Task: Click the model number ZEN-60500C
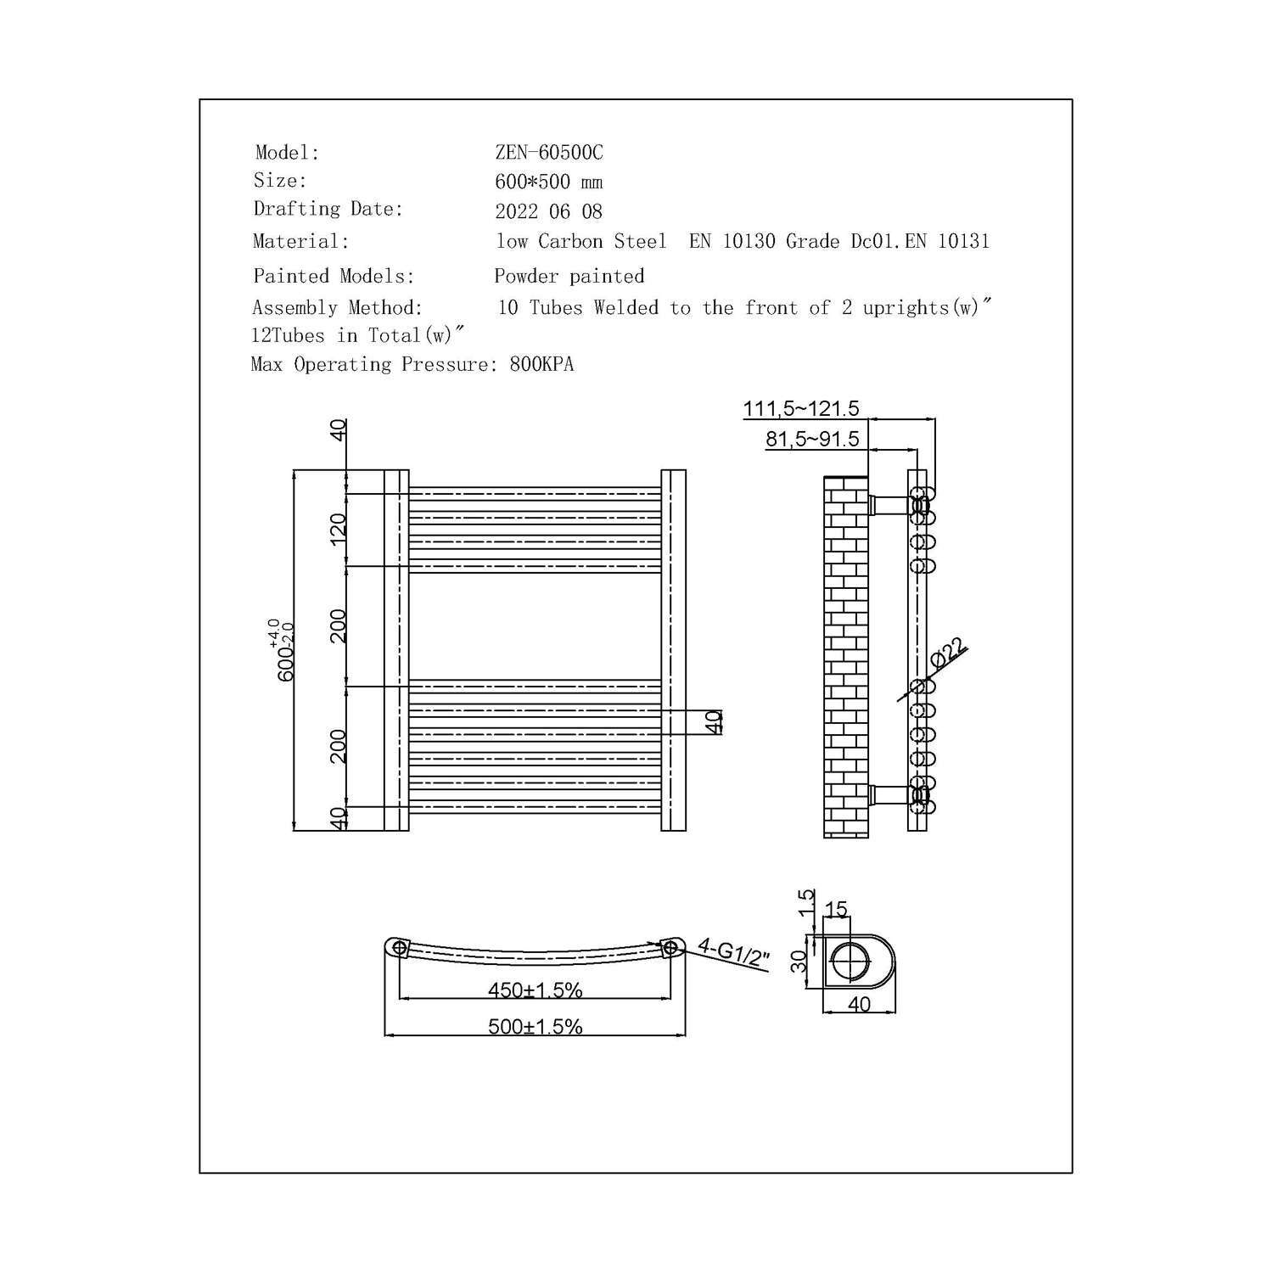[x=549, y=153]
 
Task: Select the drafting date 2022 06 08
[x=548, y=211]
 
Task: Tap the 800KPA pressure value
[x=541, y=365]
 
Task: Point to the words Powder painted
[x=569, y=276]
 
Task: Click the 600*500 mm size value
[x=548, y=182]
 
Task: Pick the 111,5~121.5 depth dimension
[x=801, y=408]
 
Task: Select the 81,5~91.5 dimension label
[x=812, y=439]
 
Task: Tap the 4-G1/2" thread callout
[x=733, y=955]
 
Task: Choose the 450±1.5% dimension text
[x=535, y=990]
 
